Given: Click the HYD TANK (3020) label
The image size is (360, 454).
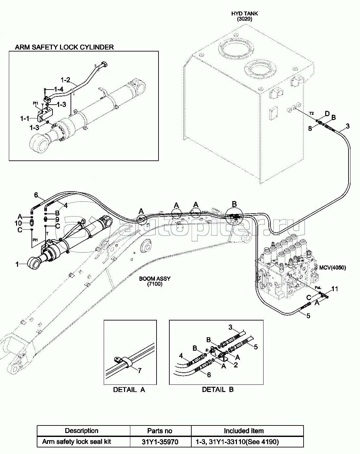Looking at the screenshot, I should [x=244, y=16].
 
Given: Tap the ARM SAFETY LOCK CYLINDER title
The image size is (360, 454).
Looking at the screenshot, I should [x=64, y=47].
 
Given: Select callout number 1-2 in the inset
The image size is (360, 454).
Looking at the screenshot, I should [x=66, y=79].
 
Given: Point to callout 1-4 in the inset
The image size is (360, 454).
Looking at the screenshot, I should [x=58, y=89].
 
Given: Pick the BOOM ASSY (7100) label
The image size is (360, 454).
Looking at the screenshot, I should [x=155, y=281].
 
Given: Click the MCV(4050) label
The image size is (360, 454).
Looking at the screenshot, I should [x=332, y=267].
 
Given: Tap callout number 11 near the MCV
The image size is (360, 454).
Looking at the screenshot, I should [x=334, y=289].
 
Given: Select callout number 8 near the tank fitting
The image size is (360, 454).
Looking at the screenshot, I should [x=310, y=129].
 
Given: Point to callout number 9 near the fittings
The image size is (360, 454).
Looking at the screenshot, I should [x=57, y=219].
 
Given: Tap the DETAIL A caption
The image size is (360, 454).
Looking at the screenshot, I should [x=129, y=390].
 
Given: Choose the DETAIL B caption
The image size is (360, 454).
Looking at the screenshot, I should [x=218, y=390].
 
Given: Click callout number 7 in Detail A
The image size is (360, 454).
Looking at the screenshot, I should [x=139, y=371].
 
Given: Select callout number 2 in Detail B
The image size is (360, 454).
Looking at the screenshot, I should [x=236, y=364].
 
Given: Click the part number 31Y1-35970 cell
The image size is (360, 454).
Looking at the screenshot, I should [x=160, y=442].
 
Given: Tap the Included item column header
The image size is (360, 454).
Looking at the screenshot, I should [x=244, y=431].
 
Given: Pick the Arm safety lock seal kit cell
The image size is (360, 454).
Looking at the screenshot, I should [x=76, y=442].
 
